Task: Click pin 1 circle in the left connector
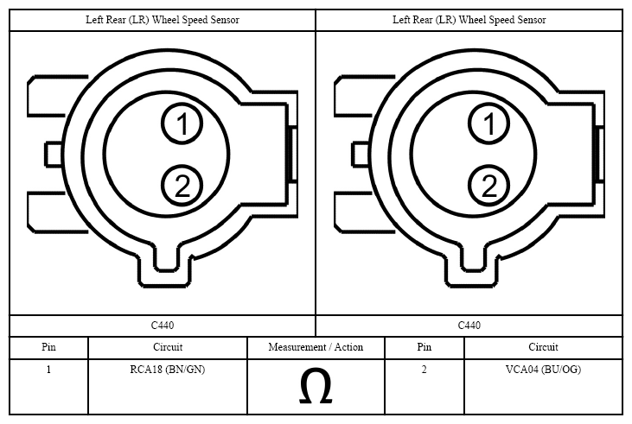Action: pyautogui.click(x=182, y=123)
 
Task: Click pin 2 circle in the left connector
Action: pyautogui.click(x=182, y=186)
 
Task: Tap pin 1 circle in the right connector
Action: pyautogui.click(x=488, y=123)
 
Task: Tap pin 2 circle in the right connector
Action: pyautogui.click(x=488, y=186)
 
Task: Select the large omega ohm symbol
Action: pyautogui.click(x=316, y=386)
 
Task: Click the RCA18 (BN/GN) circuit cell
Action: pyautogui.click(x=167, y=370)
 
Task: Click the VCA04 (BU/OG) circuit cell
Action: pyautogui.click(x=543, y=370)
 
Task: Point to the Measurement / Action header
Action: pyautogui.click(x=316, y=347)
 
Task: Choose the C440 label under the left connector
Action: pyautogui.click(x=163, y=325)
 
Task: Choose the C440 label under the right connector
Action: pyautogui.click(x=469, y=325)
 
